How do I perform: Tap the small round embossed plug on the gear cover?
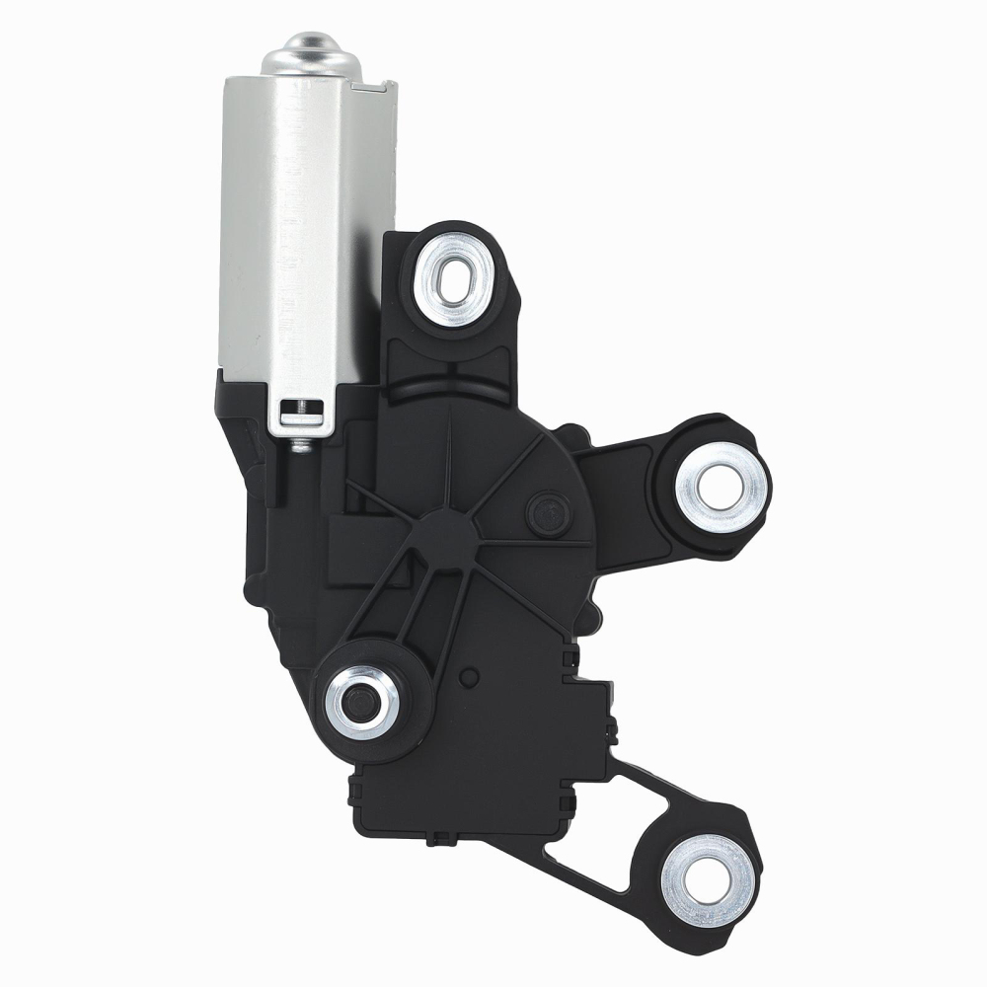pyautogui.click(x=544, y=510)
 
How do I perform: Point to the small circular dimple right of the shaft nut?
pyautogui.click(x=471, y=678)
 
